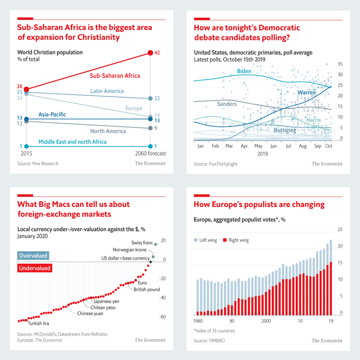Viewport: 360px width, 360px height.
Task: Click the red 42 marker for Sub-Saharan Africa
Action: (x=150, y=53)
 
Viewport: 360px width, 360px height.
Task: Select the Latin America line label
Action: (x=107, y=91)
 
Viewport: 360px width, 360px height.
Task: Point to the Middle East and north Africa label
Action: (x=72, y=142)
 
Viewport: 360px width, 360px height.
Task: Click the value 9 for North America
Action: (x=155, y=128)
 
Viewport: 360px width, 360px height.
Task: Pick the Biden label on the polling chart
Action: (x=244, y=71)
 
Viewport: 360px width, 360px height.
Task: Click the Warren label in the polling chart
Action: (x=307, y=92)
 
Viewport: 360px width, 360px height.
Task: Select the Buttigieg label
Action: (x=285, y=130)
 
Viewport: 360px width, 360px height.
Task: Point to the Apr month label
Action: (x=244, y=146)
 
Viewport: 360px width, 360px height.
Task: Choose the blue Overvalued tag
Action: (x=33, y=256)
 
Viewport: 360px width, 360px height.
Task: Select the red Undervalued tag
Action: (x=35, y=268)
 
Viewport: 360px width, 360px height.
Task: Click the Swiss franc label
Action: (x=142, y=243)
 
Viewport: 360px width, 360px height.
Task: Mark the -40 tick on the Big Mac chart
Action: (x=163, y=298)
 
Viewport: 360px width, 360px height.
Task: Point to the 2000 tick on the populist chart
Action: (x=266, y=321)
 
